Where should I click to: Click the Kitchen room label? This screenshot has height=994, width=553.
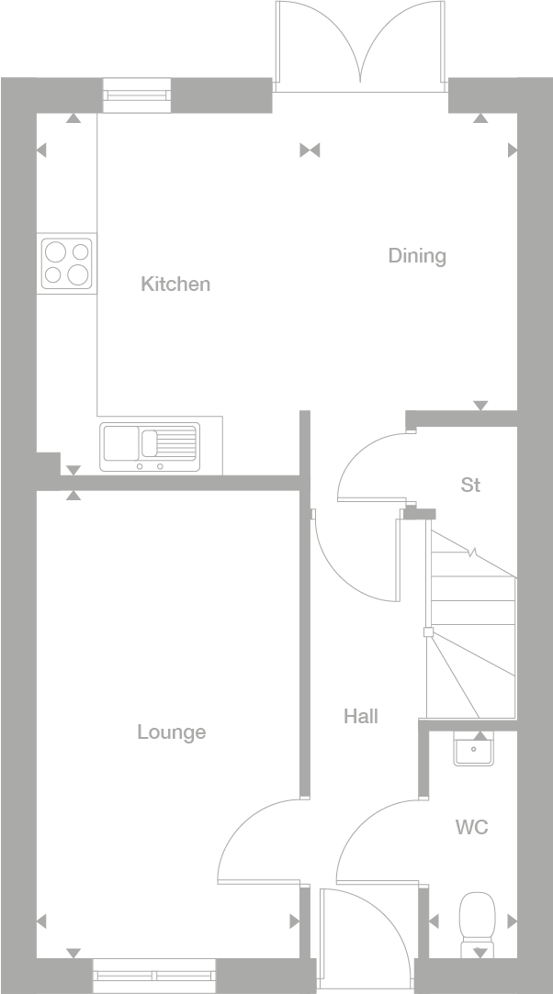coord(175,285)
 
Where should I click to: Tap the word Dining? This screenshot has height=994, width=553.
coord(417,256)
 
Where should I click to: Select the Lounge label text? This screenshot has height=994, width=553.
coord(172,732)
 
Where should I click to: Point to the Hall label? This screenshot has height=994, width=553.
coord(361,717)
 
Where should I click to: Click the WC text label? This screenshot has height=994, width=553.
coord(471,828)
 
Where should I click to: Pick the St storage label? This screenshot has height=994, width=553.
coord(470,486)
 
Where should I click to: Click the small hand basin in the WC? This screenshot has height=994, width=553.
coord(475,751)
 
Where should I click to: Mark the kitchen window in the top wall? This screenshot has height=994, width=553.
coord(137,95)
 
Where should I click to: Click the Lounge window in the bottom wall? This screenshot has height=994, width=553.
coord(154,975)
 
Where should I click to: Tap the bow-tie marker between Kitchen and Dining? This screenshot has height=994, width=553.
coord(310,150)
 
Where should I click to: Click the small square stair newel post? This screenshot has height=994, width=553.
coord(427,631)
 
